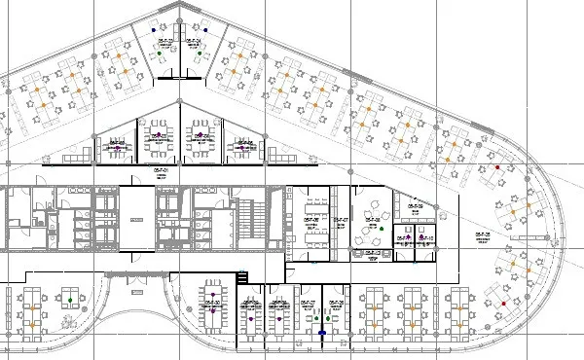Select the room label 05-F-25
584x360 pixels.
tap(481, 234)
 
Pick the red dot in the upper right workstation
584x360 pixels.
tap(497, 167)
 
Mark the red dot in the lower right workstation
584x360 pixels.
tap(503, 304)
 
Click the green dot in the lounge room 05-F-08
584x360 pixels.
tap(382, 229)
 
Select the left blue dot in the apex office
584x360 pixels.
tap(152, 30)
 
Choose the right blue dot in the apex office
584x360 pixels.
tap(205, 30)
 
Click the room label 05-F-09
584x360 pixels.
tap(416, 206)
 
